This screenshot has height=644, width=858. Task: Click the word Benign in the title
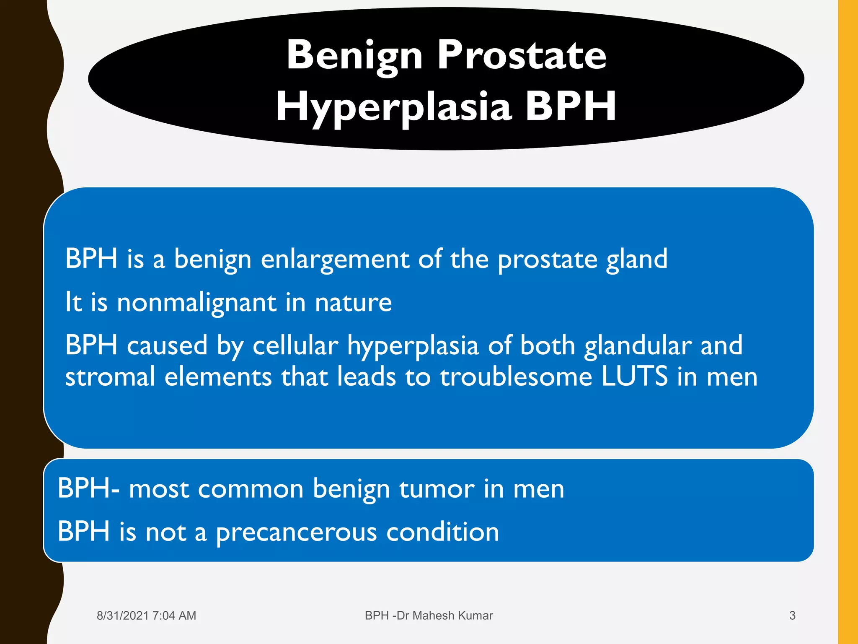(354, 55)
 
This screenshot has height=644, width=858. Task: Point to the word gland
(636, 260)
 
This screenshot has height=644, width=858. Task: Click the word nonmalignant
(196, 303)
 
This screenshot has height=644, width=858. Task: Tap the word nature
(353, 303)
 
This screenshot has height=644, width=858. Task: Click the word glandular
(638, 346)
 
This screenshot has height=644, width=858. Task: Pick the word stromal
(110, 377)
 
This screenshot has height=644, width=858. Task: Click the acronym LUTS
(634, 377)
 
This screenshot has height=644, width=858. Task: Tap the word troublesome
(516, 377)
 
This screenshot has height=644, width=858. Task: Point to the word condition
(442, 532)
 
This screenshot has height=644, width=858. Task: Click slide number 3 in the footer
(792, 615)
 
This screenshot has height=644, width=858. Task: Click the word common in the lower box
(251, 489)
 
